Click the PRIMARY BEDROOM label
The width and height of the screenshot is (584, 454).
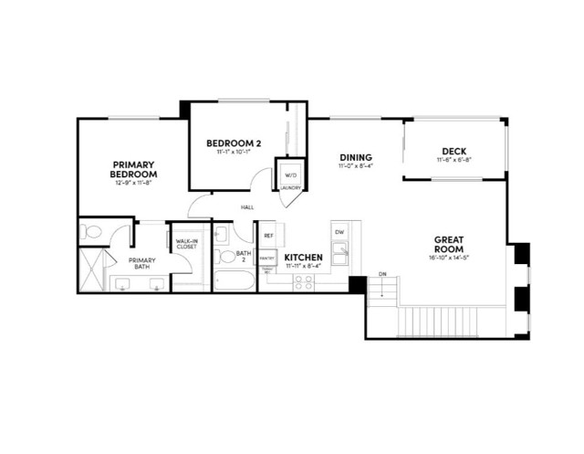tap(133, 169)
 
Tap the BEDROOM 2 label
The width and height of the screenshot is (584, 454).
tap(234, 143)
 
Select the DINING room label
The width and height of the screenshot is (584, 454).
tap(356, 157)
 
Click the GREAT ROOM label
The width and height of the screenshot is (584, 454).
tap(448, 244)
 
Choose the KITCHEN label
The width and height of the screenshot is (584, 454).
tap(303, 259)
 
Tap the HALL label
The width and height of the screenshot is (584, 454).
tap(247, 207)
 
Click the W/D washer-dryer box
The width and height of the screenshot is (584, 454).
tap(291, 174)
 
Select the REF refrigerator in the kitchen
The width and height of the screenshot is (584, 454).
tap(268, 236)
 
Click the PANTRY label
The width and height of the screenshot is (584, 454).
tap(267, 258)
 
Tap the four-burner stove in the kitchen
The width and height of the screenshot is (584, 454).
tap(303, 282)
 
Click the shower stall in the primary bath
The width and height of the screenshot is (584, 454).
tap(92, 269)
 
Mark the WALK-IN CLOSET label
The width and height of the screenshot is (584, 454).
tap(186, 243)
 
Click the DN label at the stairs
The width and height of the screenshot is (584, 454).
tap(382, 274)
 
